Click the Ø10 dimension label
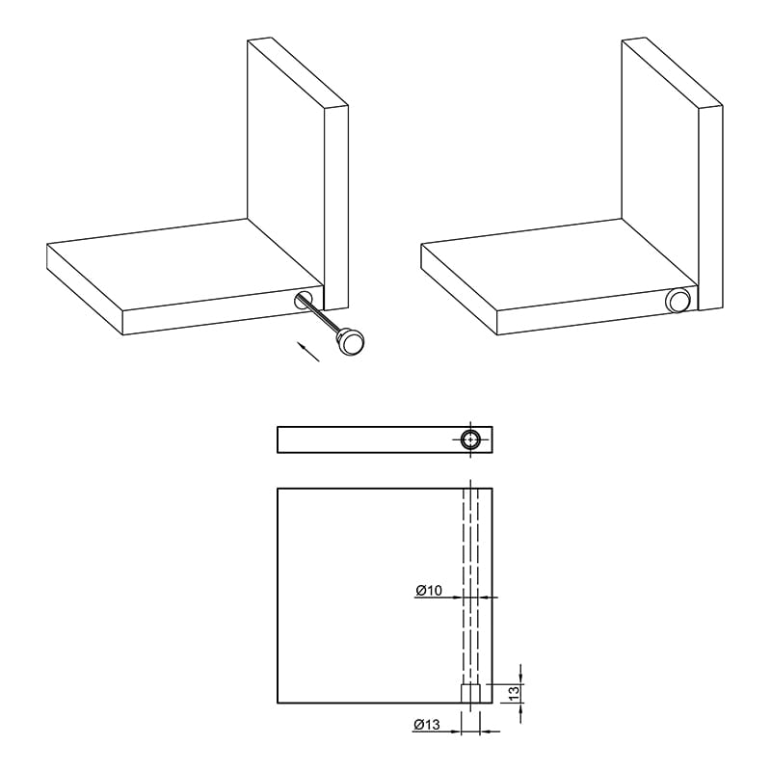coord(429,590)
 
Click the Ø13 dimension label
coord(427,725)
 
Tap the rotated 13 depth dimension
coord(514,693)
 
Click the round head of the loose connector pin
coord(351,342)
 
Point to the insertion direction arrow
coord(307,352)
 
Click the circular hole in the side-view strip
coord(471,439)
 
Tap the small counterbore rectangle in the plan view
coord(470,693)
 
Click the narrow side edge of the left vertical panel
coord(336,207)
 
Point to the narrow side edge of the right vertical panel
coord(711,207)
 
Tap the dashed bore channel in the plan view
coord(470,586)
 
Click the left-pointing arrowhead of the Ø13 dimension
coord(485,731)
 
